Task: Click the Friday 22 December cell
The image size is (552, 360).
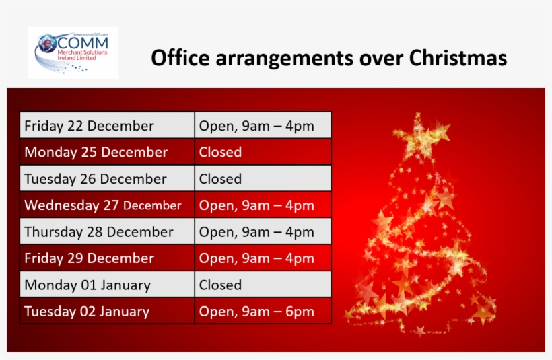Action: (107, 126)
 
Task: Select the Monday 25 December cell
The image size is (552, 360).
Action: (107, 152)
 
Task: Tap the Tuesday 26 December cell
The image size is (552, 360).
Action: (107, 179)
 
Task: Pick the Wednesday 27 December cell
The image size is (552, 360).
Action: (107, 205)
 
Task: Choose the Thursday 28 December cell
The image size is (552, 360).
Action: (107, 232)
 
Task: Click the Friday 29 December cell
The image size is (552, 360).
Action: (107, 258)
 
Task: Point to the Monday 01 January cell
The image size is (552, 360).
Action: (107, 285)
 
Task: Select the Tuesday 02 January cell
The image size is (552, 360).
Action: (107, 312)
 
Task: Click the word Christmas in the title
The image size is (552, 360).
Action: (458, 58)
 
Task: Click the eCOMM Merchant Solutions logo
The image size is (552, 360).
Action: (73, 52)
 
